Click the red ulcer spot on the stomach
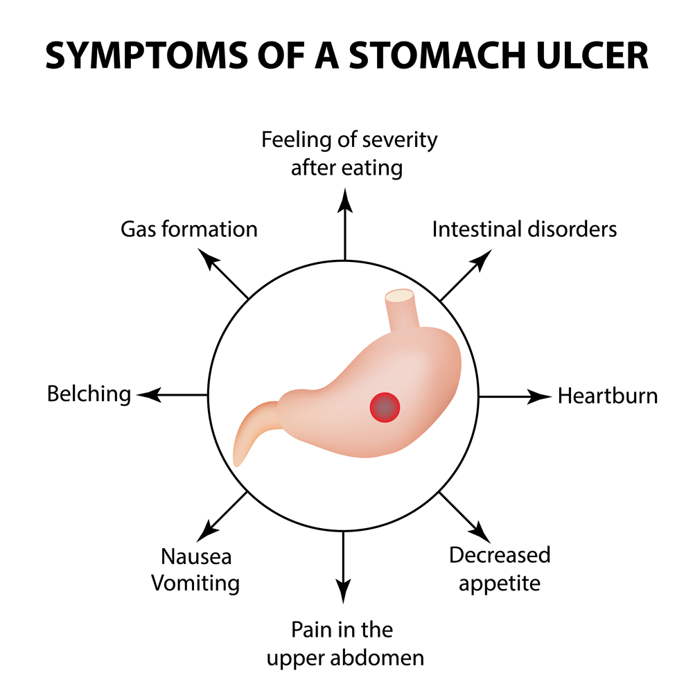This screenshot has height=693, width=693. [x=385, y=407]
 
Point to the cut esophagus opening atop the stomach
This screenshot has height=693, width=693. [x=400, y=297]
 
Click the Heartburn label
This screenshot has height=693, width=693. [x=607, y=396]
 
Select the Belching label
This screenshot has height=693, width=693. [x=89, y=394]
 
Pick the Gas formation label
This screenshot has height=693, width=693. [x=188, y=229]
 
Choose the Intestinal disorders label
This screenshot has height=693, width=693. [x=524, y=229]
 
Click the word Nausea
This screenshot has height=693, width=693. [x=196, y=556]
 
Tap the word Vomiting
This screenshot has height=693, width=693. [x=195, y=583]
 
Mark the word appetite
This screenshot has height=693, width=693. [x=499, y=583]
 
